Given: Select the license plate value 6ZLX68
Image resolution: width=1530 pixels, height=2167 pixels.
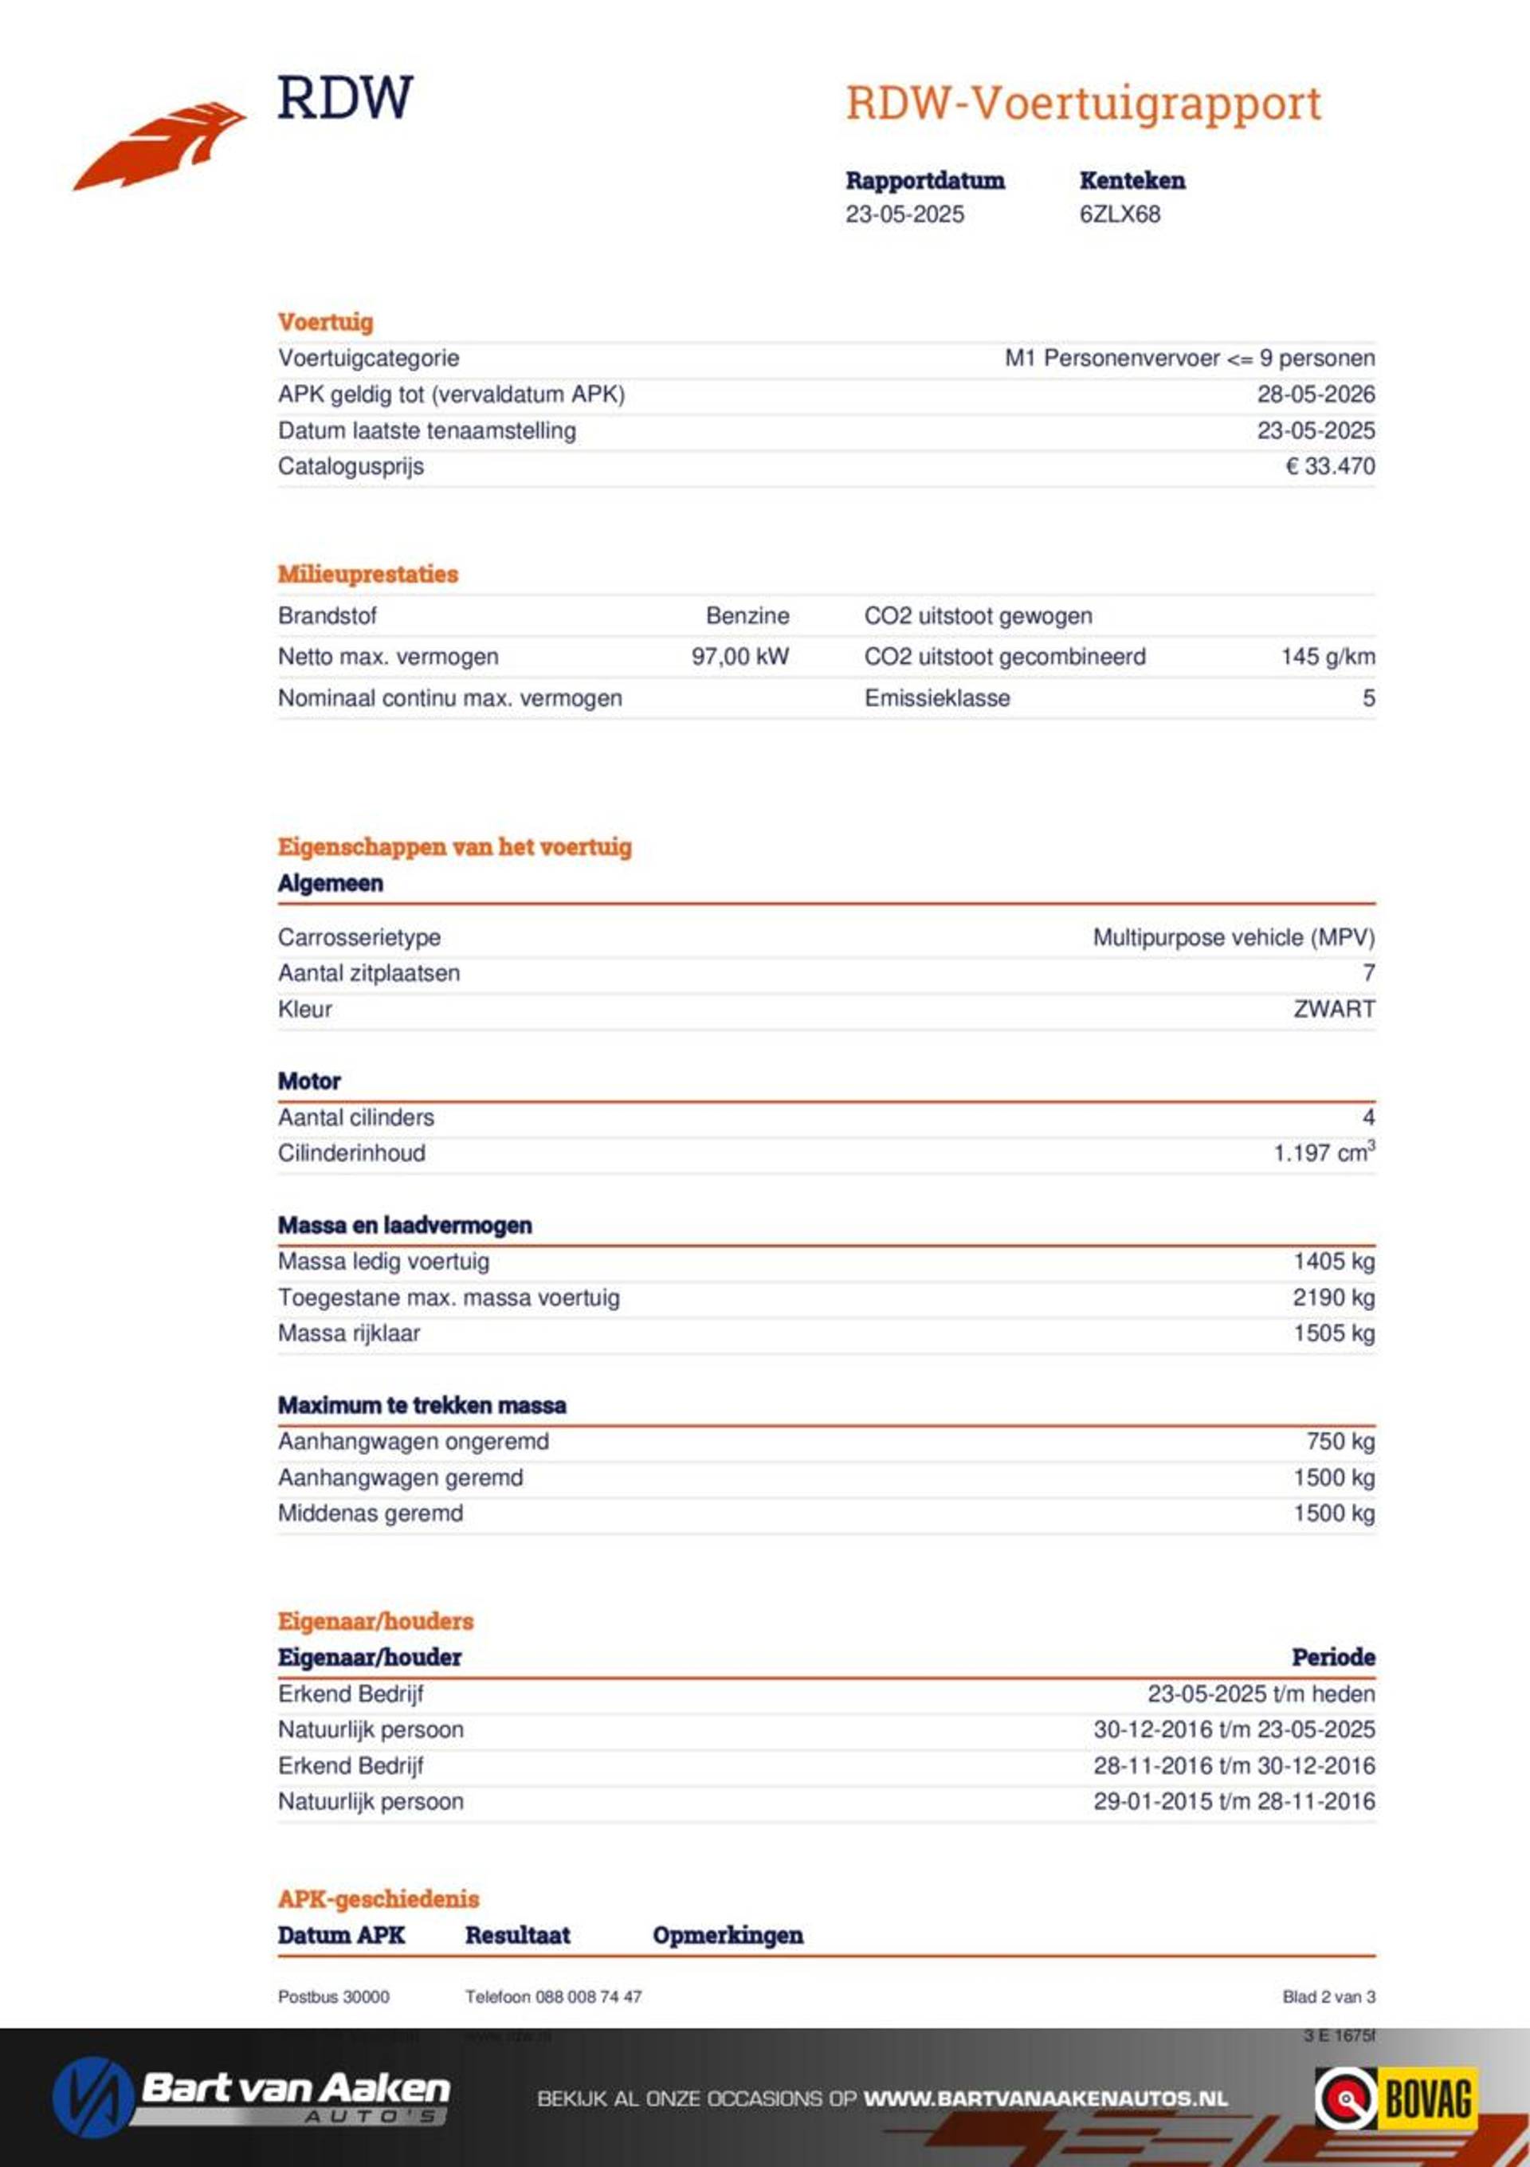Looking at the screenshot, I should point(1120,214).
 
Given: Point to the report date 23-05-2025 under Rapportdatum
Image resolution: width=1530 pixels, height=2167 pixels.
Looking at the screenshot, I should point(904,214).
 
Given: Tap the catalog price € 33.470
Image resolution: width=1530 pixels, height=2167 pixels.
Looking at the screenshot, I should point(1330,466).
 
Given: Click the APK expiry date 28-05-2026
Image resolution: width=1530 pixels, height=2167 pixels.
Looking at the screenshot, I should point(1315,395).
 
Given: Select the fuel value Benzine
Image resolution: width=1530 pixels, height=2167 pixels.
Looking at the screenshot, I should point(747,616).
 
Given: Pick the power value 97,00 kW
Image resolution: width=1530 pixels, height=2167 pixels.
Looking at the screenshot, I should point(740,657).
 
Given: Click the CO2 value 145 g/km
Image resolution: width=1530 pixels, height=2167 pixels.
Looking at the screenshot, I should point(1327,657).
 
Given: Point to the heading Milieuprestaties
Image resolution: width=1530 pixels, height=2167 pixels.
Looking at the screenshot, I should point(367,574).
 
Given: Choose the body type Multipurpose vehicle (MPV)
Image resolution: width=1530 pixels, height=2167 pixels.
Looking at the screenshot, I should point(1233,937).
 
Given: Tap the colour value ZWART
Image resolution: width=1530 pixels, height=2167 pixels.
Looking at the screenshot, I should point(1334,1009).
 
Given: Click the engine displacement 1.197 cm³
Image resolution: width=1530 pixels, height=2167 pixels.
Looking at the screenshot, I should point(1324,1153).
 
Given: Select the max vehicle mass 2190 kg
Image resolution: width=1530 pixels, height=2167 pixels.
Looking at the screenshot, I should point(1332,1297).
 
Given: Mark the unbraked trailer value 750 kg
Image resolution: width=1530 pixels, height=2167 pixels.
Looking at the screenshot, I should point(1340,1441).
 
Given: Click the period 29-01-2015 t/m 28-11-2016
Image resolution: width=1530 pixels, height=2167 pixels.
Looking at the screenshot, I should point(1233,1801).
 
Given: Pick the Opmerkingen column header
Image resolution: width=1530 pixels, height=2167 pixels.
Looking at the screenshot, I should point(728,1935).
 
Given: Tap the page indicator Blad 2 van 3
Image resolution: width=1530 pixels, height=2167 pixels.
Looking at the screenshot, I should point(1328,1996).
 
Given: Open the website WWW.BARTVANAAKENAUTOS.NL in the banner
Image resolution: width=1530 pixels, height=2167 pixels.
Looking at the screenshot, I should point(1045,2099).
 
